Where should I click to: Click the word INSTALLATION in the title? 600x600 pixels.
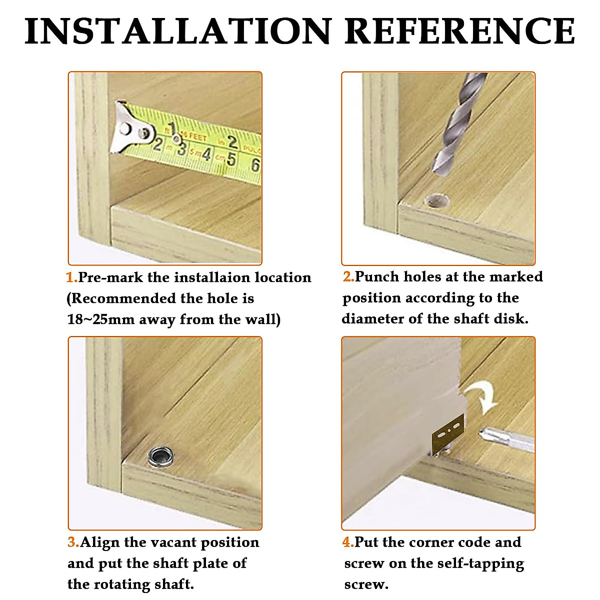pos(177,31)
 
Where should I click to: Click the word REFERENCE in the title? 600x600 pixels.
pos(459,31)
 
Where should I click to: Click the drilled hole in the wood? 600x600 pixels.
pos(438,200)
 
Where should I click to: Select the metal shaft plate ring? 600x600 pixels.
pos(161,457)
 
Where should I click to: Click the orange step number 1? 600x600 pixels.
pos(72,277)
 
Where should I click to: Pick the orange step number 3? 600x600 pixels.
pos(73,542)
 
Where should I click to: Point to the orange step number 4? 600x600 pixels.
pos(348,542)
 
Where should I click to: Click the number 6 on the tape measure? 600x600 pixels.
pos(255,165)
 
